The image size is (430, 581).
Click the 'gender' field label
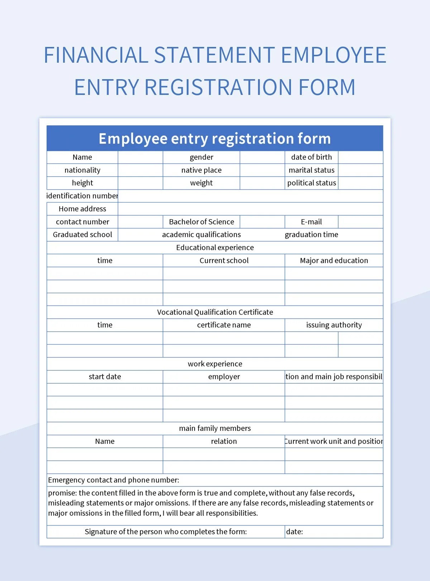tap(201, 157)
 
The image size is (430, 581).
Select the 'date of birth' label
tap(311, 157)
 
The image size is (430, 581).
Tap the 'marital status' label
tap(311, 170)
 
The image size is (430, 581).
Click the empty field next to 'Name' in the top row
tap(140, 157)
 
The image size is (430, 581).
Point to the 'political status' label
tap(311, 183)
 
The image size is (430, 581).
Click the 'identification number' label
tap(82, 196)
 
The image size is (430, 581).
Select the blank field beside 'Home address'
tap(250, 209)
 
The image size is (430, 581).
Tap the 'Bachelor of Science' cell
tap(201, 222)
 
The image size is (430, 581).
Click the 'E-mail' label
tap(311, 222)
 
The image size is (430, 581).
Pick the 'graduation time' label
tap(311, 235)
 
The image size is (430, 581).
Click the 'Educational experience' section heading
tap(215, 248)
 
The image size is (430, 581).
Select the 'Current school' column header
tap(224, 260)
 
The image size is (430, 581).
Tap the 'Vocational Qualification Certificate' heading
tap(215, 312)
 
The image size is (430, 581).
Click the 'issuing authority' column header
tap(334, 325)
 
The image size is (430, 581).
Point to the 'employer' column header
tap(224, 376)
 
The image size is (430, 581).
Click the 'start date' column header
tap(105, 376)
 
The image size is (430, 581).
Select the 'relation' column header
tap(224, 441)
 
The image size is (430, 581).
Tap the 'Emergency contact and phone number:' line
tap(114, 480)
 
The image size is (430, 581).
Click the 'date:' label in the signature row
tap(295, 532)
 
